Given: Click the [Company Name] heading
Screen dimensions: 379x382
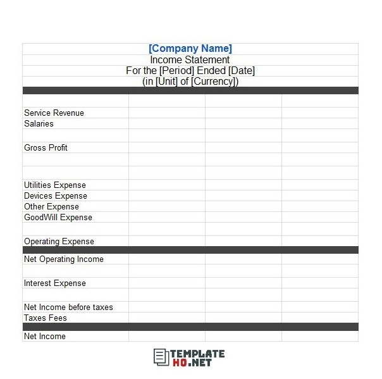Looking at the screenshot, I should click(x=190, y=49).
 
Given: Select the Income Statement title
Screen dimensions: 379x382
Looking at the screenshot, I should click(x=190, y=60).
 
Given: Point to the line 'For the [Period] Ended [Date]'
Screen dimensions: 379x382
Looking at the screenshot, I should click(x=190, y=71).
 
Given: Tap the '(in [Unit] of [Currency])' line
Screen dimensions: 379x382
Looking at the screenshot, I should click(x=190, y=82).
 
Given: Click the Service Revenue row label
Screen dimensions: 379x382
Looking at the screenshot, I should click(x=54, y=113).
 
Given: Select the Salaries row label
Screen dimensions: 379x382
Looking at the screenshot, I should click(x=39, y=124).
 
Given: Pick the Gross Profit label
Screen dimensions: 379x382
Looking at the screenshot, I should click(x=46, y=148).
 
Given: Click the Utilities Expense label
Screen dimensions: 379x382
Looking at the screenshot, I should click(x=54, y=185).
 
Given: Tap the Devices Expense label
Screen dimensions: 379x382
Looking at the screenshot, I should click(x=55, y=196).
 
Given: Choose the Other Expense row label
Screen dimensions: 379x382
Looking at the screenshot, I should click(x=51, y=207).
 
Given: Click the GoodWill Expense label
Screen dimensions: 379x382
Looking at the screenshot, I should click(x=58, y=218).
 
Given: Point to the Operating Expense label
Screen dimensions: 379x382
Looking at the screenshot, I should click(x=59, y=242).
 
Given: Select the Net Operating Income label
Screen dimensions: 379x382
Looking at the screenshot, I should click(x=63, y=259).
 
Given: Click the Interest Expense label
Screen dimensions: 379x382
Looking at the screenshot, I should click(x=54, y=283).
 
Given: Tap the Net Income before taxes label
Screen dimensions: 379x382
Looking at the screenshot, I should click(x=68, y=308).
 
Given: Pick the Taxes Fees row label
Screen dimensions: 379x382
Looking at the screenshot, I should click(x=45, y=318).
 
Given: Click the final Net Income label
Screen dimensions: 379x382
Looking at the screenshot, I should click(x=44, y=337).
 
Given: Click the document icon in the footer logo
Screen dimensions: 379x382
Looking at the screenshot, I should click(x=161, y=357).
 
